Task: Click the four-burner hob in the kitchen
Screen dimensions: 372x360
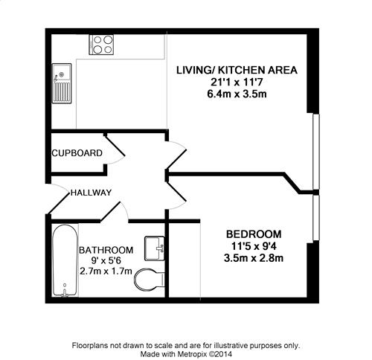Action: [101, 45]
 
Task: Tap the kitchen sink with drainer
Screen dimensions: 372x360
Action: [62, 83]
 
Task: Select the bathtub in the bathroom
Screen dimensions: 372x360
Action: [65, 260]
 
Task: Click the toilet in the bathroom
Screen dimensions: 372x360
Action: [149, 280]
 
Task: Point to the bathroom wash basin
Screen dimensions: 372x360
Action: [155, 248]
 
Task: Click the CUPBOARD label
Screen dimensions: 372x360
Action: [77, 153]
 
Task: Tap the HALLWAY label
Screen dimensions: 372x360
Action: [91, 193]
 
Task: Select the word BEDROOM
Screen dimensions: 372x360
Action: [254, 234]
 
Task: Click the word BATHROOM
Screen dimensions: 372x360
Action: [106, 250]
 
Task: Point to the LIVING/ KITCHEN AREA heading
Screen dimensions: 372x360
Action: [237, 70]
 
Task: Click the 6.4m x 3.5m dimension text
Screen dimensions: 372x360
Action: [237, 94]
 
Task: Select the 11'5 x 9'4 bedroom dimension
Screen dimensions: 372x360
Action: [254, 246]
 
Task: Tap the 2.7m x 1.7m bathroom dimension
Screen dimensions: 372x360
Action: [106, 271]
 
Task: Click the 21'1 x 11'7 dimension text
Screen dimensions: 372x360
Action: [237, 82]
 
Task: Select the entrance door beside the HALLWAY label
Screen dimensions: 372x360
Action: [57, 199]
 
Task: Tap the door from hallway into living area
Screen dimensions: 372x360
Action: [176, 155]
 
